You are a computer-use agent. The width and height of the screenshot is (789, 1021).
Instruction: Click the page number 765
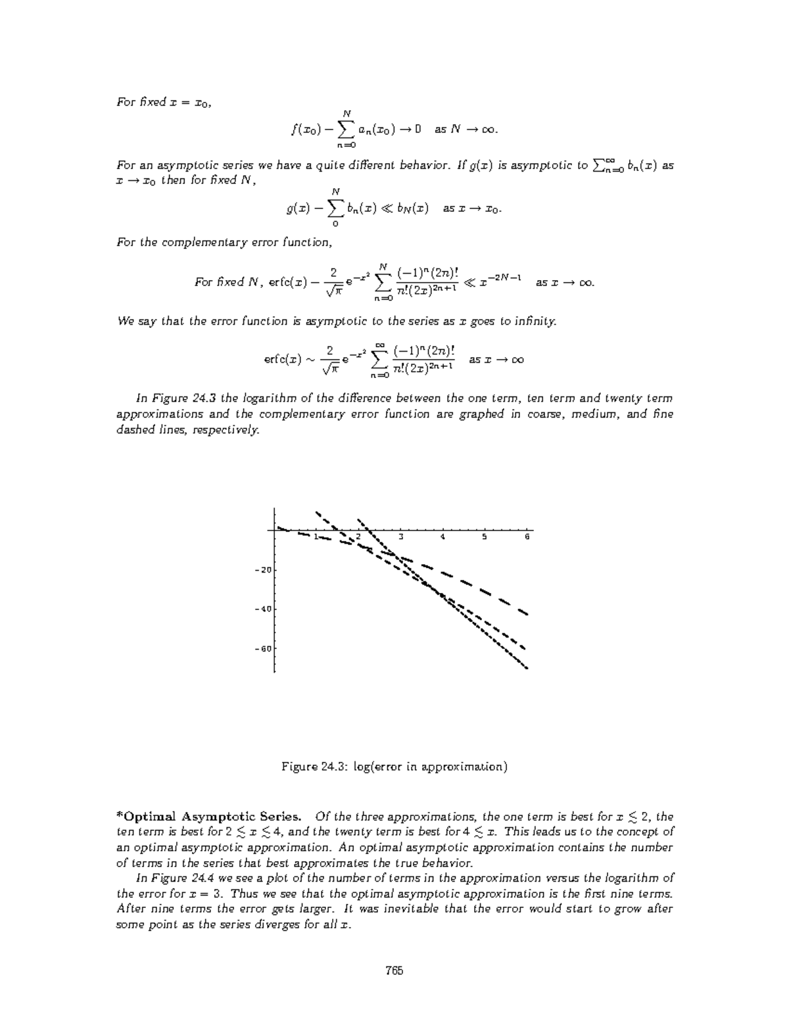point(394,970)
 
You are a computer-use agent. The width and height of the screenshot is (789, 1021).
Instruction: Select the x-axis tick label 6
point(527,537)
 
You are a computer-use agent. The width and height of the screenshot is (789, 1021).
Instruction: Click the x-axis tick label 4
point(443,537)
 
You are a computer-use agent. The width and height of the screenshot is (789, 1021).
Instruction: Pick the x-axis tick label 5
point(485,537)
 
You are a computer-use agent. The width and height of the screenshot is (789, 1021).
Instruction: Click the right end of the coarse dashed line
point(527,614)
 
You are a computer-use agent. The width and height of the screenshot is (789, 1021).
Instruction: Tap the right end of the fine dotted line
point(527,668)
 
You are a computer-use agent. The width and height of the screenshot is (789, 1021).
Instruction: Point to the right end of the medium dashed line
point(524,648)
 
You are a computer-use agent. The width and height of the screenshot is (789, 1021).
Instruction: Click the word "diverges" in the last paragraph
point(309,924)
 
